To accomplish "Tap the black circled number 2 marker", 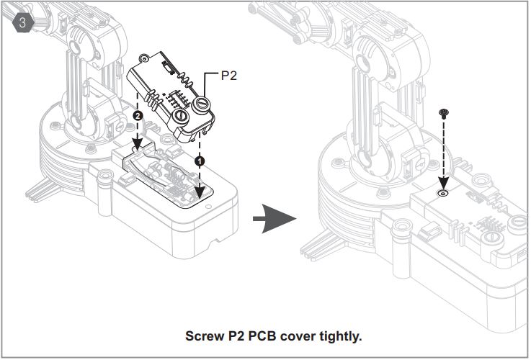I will pyautogui.click(x=138, y=115).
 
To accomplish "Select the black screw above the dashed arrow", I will pyautogui.click(x=443, y=112).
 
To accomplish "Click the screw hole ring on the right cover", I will pyautogui.click(x=443, y=194).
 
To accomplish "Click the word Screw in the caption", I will pyautogui.click(x=204, y=336).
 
